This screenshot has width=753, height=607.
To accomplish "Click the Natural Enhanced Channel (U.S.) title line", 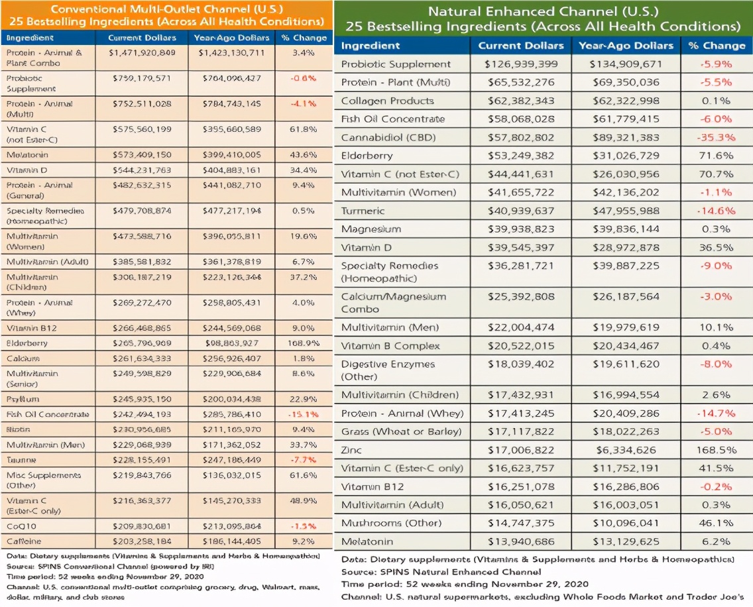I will click(x=542, y=11).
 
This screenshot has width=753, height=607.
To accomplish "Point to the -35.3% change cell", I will click(x=716, y=138).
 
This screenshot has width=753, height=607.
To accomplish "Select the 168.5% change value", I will click(x=716, y=450).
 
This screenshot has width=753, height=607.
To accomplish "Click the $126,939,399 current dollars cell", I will click(x=521, y=64).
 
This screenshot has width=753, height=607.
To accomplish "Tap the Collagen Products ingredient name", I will click(x=387, y=101).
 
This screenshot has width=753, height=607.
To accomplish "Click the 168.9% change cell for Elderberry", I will click(x=303, y=343).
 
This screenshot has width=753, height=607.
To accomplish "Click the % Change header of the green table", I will click(x=716, y=46).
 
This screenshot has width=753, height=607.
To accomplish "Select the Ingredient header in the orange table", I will click(x=30, y=38).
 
